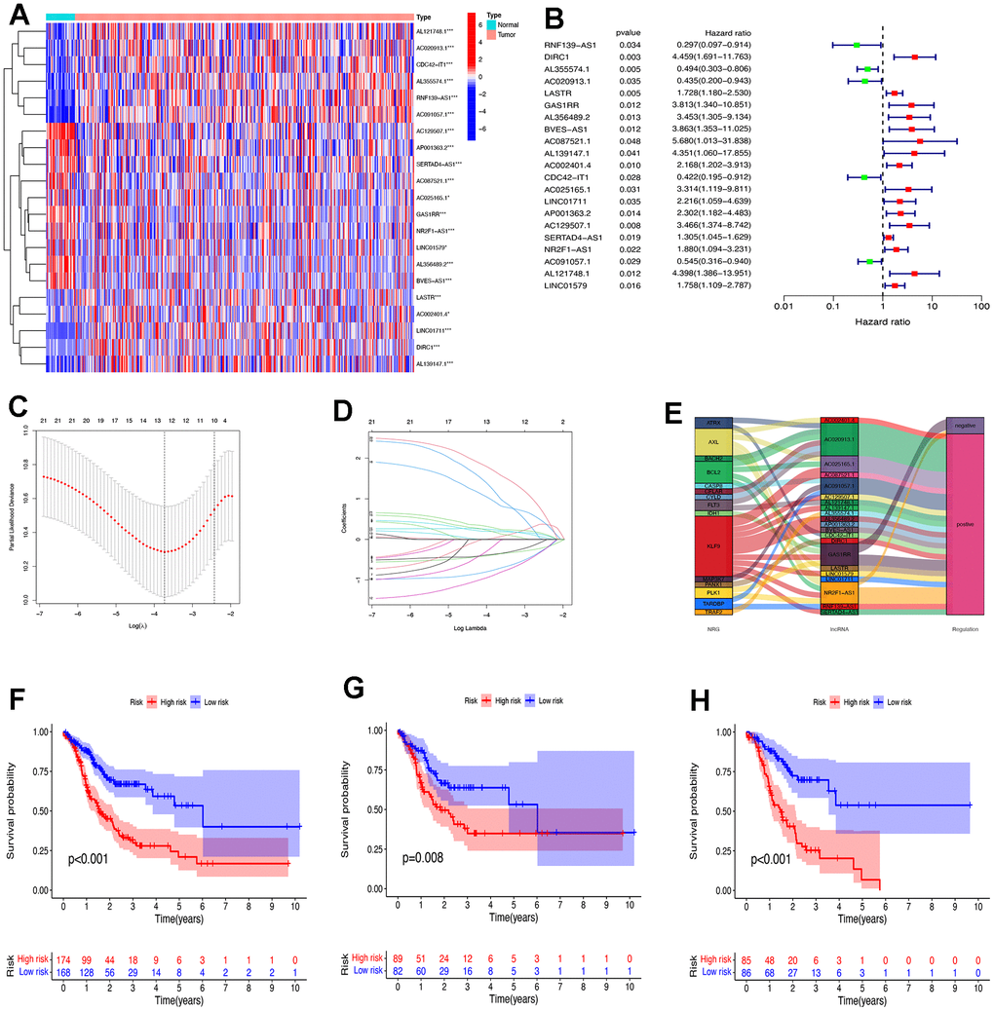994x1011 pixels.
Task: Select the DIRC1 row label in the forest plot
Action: pyautogui.click(x=560, y=57)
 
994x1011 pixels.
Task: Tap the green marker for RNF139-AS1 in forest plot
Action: pyautogui.click(x=857, y=45)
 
